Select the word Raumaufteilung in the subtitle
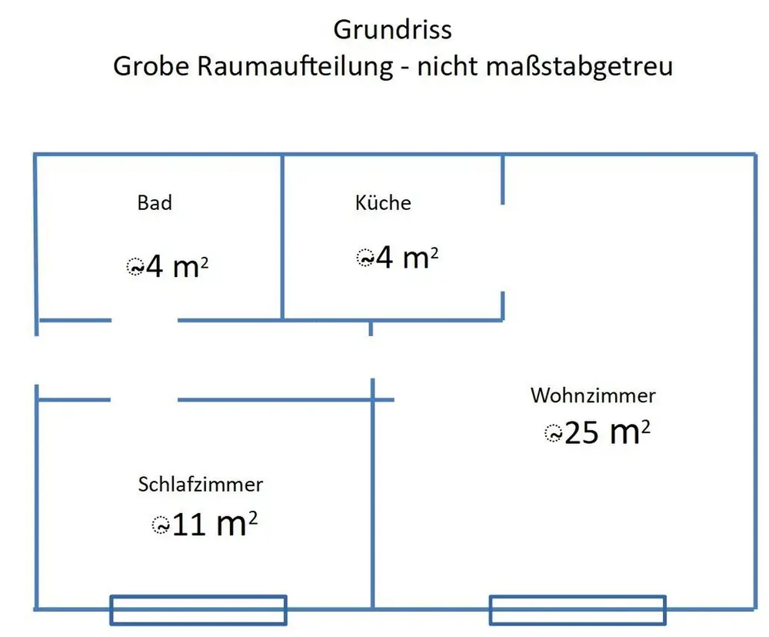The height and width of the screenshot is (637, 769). click(x=295, y=66)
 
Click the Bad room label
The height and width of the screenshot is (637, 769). click(x=155, y=202)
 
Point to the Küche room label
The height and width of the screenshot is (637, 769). click(x=383, y=202)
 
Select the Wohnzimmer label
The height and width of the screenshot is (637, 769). click(x=593, y=395)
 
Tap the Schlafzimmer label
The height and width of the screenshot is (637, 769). click(x=201, y=485)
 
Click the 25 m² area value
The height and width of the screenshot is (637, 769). click(x=608, y=432)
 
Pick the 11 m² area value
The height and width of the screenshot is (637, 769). click(x=215, y=524)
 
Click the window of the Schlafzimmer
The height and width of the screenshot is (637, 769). click(x=198, y=610)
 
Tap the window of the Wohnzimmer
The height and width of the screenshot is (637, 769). click(x=578, y=610)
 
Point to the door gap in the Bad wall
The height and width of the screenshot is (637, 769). click(x=145, y=321)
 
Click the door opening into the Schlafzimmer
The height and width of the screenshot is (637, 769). click(x=145, y=400)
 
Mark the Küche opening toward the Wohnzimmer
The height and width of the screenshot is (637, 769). click(x=503, y=248)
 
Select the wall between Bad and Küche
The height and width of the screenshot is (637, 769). click(x=282, y=238)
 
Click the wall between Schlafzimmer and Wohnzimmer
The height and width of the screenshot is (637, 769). click(x=373, y=494)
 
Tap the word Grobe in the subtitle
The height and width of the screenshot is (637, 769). click(x=151, y=66)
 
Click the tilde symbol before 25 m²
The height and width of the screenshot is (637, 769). click(x=553, y=434)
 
